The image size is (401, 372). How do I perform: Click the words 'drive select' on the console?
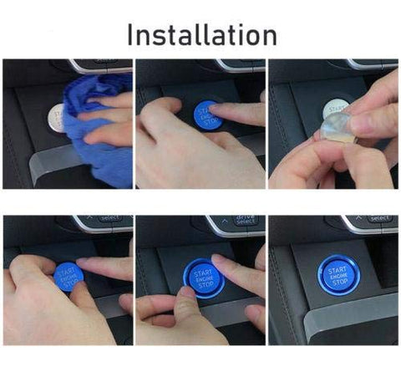(246, 221)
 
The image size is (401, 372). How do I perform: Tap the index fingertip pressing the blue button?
(219, 111)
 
